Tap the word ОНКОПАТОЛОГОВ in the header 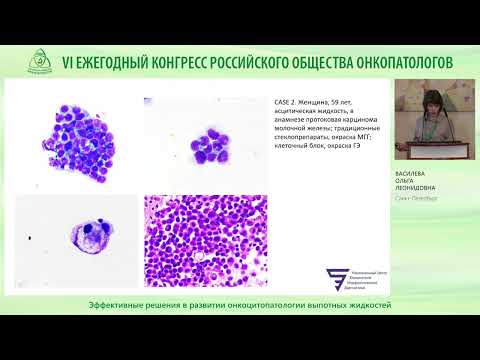(396, 63)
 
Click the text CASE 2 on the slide (287, 103)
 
